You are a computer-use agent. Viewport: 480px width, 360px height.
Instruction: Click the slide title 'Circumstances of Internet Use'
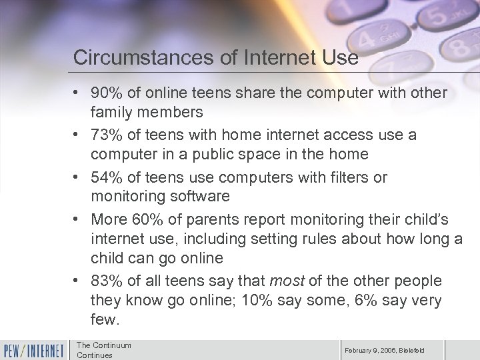tap(216, 57)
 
